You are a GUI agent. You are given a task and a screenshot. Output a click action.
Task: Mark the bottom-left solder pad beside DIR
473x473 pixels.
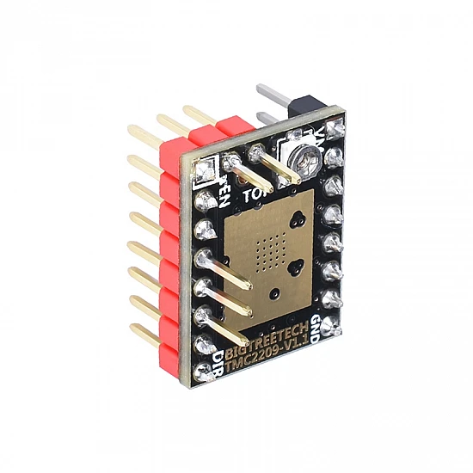coord(204,373)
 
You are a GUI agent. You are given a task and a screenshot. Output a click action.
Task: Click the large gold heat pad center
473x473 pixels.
coord(271,258)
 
